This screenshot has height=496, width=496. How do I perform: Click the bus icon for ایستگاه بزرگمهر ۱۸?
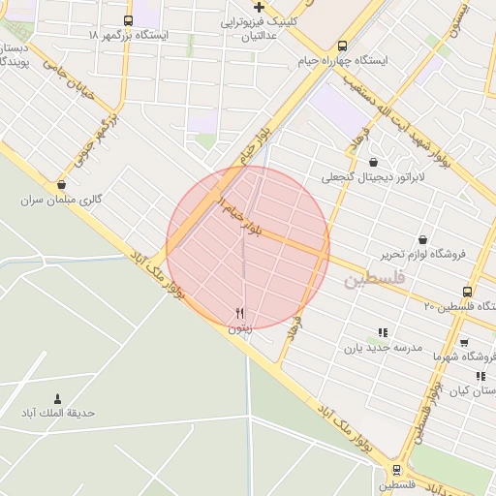coord(129,20)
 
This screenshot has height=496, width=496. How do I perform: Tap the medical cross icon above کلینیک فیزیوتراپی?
coord(258,7)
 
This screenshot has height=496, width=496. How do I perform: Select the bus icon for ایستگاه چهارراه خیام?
coord(342,46)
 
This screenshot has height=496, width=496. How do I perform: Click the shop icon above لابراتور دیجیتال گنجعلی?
coord(374,163)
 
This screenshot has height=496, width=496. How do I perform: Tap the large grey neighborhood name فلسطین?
coord(371,280)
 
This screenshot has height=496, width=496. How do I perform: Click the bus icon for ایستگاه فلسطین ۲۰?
coord(468,292)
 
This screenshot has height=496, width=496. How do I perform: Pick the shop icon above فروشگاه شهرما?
coord(464,342)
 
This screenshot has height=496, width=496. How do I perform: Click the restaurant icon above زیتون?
coord(239,312)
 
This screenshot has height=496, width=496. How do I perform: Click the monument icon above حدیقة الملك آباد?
coord(57,398)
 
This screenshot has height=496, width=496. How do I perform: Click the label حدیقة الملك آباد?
coord(58,413)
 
